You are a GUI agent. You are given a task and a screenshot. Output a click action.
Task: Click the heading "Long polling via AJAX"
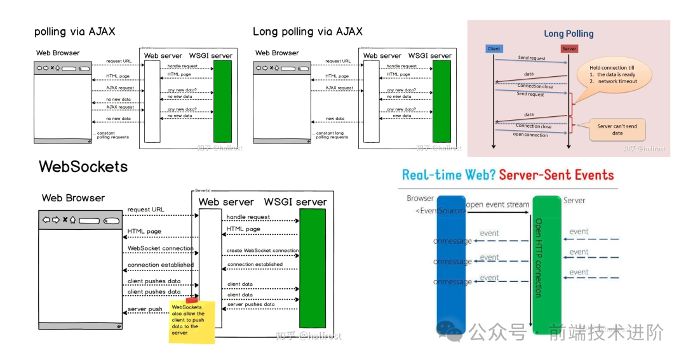point(307,31)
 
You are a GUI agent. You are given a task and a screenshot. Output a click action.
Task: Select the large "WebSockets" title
point(83,166)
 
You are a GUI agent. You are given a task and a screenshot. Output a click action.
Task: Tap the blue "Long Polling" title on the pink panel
point(568,34)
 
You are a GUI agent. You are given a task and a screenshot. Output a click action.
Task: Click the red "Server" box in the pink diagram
point(569,49)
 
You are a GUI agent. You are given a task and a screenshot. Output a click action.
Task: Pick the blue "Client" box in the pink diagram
point(494,49)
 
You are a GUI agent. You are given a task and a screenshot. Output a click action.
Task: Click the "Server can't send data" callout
point(617,130)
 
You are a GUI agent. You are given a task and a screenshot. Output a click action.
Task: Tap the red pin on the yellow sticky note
point(192,298)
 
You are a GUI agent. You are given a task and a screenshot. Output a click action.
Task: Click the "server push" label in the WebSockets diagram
point(145,309)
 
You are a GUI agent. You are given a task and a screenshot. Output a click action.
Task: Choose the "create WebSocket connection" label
point(262,251)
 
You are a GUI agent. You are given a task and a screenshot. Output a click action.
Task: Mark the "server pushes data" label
point(251,305)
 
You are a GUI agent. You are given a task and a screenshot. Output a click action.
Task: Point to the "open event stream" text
point(497,204)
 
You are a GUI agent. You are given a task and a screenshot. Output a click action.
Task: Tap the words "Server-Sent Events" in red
point(556,175)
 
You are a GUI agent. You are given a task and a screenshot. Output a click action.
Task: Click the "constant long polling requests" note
point(332,135)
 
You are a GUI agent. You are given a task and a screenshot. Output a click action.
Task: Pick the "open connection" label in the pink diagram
point(531,135)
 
